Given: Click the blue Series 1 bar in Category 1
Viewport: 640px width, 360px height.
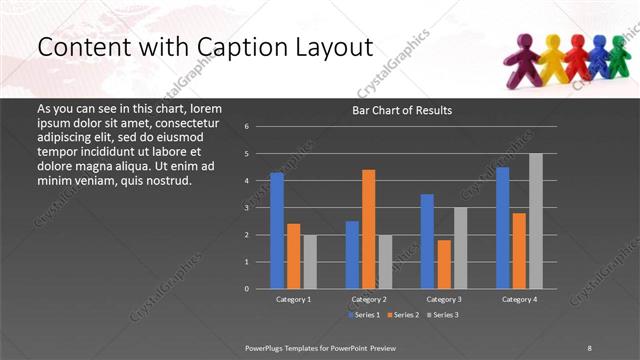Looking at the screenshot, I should (277, 230).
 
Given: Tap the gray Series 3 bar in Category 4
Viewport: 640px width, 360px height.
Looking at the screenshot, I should (536, 221).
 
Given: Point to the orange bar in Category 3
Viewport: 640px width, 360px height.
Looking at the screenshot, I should (443, 264).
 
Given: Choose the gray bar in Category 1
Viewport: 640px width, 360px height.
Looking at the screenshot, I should (309, 261).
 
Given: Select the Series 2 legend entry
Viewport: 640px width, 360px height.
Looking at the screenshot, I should (401, 314).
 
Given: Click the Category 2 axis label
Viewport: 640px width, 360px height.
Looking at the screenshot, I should (368, 299).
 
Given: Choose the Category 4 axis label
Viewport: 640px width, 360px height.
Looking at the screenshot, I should (518, 299).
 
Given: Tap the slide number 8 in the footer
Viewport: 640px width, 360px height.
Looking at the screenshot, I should (589, 347).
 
